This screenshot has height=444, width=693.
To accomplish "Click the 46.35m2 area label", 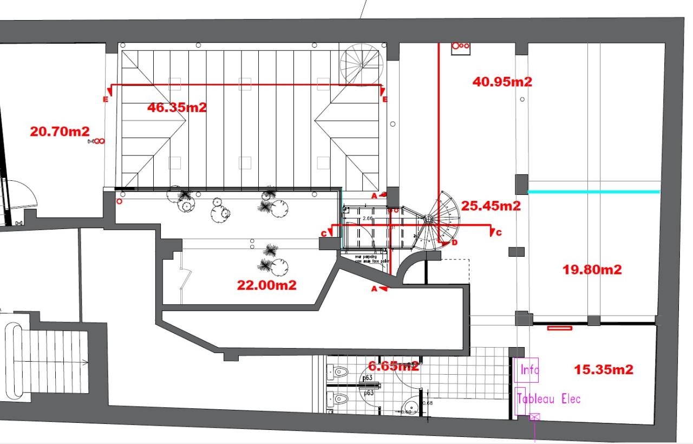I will pos(176,107).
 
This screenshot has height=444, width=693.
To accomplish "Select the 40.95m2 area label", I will pos(502,82).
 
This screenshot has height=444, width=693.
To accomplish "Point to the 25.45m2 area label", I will pos(491,206).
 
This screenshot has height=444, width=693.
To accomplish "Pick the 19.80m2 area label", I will pos(592,269).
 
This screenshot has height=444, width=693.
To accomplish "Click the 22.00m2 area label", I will pos(266,285).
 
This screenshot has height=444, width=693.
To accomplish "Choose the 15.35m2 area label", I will pos(603,369).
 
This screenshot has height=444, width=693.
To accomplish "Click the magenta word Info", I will pos(529,370).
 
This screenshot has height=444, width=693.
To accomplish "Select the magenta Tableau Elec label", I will pos(549,399).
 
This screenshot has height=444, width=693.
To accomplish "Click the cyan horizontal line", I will pos(593,192).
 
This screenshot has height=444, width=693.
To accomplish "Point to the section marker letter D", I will pos(454,243).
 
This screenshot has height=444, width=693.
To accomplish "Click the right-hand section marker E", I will pos(385,100).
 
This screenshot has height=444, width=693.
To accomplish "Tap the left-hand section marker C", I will pos(324,233).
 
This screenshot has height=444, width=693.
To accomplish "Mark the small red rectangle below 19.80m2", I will pos(559,328).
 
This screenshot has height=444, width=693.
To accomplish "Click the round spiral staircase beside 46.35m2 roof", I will pos(362,63).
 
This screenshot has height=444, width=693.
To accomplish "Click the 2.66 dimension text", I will pos(368,218).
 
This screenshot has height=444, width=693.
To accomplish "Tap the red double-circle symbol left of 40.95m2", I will pos(460,47).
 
